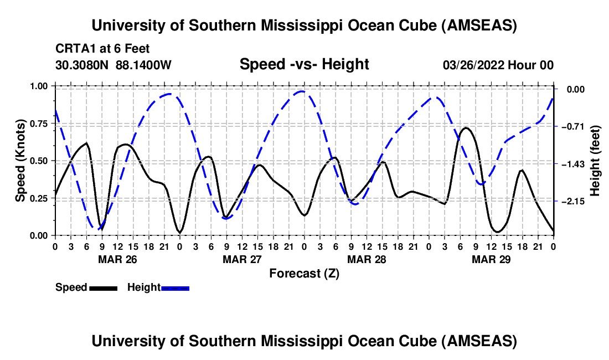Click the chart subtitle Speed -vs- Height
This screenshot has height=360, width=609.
coord(304,64)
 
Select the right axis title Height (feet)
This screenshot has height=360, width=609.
coord(595,161)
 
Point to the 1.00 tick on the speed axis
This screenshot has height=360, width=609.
coord(39,86)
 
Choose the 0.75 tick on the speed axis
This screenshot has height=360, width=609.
coord(39,124)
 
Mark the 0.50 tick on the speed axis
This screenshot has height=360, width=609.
coord(39,161)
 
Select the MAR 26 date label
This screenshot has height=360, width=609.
coord(117,259)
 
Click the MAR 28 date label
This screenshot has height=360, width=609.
coord(367,259)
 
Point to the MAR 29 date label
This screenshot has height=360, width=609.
coord(491,259)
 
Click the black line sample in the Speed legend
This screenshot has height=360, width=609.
coord(103,287)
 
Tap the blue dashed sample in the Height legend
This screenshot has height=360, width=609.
coord(176,287)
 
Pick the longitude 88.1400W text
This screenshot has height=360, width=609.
coord(143,65)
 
